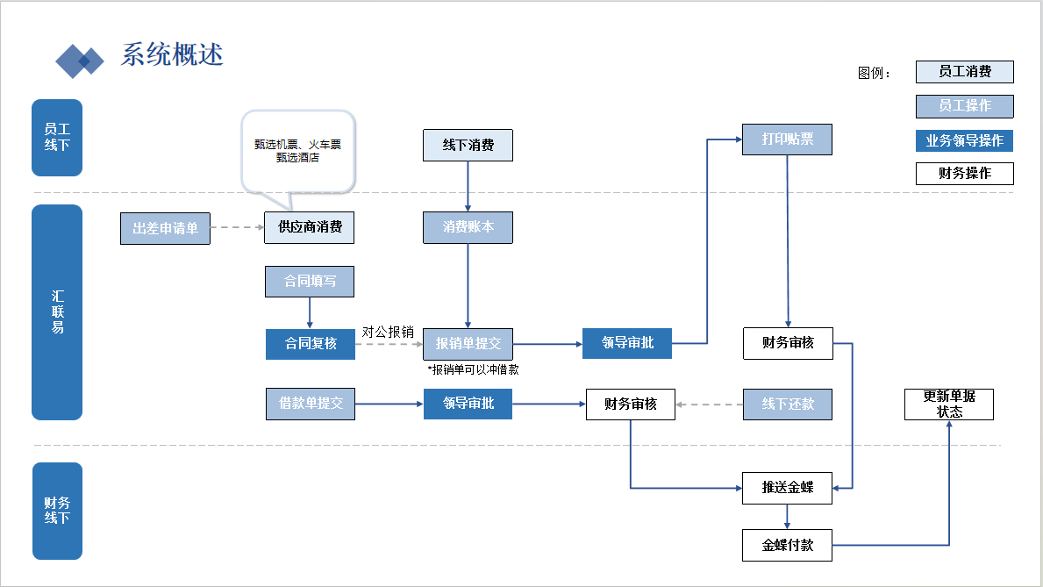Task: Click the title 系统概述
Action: pyautogui.click(x=172, y=54)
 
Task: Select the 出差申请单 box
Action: pyautogui.click(x=165, y=228)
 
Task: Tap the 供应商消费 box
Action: pyautogui.click(x=310, y=227)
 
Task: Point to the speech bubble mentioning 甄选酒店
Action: pyautogui.click(x=298, y=151)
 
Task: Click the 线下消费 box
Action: pyautogui.click(x=468, y=145)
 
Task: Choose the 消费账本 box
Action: pyautogui.click(x=468, y=227)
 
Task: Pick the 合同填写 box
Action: pyautogui.click(x=310, y=282)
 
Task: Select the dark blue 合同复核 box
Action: pyautogui.click(x=311, y=343)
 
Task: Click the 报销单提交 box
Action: pyautogui.click(x=468, y=343)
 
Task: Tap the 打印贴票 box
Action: pyautogui.click(x=787, y=140)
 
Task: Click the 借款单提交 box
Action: pyautogui.click(x=311, y=404)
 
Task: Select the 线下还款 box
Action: pyautogui.click(x=787, y=404)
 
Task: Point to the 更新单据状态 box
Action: pyautogui.click(x=949, y=404)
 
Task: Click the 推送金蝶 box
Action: pyautogui.click(x=787, y=487)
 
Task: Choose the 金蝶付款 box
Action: pyautogui.click(x=787, y=545)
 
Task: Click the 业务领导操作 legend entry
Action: pyautogui.click(x=964, y=140)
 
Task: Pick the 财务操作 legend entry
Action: pyautogui.click(x=964, y=173)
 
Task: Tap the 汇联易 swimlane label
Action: pyautogui.click(x=57, y=312)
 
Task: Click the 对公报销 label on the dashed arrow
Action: pyautogui.click(x=388, y=333)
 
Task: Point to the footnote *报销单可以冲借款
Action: pyautogui.click(x=473, y=369)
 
